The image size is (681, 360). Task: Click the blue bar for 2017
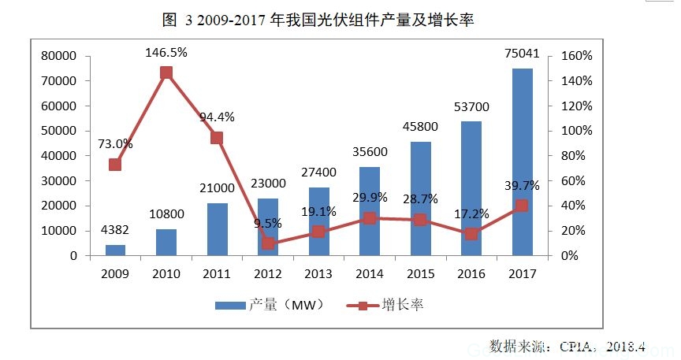tap(522, 161)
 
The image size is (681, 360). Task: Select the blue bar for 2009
tap(115, 250)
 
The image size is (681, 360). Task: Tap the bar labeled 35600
tap(370, 211)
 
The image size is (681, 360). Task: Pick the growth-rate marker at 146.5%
tap(166, 73)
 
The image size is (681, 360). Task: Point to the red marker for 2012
tap(268, 243)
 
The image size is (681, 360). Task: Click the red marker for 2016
tap(471, 234)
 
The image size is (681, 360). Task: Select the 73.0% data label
tap(115, 144)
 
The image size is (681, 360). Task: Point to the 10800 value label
tap(166, 215)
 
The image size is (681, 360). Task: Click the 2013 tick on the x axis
tap(318, 274)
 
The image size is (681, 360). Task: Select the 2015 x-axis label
tap(420, 274)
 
